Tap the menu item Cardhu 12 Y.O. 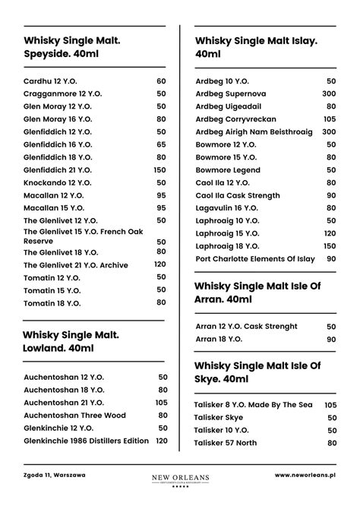(x=50, y=81)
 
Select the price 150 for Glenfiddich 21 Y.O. (x=159, y=170)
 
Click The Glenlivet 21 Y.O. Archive (x=76, y=265)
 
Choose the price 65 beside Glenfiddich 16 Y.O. (x=161, y=144)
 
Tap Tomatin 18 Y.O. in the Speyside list (x=52, y=303)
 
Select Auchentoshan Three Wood (x=73, y=415)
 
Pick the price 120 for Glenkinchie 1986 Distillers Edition (x=162, y=441)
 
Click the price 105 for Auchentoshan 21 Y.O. (x=162, y=403)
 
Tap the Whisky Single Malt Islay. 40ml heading (x=256, y=47)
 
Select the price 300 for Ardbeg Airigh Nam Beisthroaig (x=329, y=131)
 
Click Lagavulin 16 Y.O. (x=227, y=207)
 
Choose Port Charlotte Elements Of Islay (x=254, y=259)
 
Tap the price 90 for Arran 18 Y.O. (x=331, y=340)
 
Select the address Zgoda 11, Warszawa (x=54, y=476)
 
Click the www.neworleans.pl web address (x=305, y=476)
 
